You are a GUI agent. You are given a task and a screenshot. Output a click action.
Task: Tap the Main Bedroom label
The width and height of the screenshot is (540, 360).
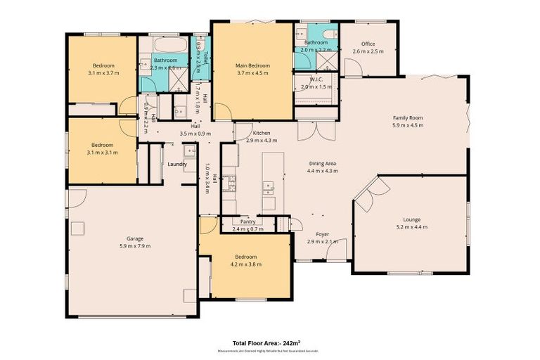click(252, 65)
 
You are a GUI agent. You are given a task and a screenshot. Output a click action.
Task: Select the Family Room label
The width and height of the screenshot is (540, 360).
click(407, 117)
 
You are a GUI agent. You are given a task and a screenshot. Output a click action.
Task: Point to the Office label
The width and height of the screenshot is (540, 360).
click(368, 44)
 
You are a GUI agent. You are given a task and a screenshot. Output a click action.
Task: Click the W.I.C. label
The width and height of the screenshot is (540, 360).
click(316, 79)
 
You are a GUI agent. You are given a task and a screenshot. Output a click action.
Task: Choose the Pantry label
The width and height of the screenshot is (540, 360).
click(247, 221)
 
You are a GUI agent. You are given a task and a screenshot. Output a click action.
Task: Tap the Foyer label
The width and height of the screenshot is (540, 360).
click(322, 234)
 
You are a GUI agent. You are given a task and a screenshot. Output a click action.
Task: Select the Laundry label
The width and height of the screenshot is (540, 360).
click(176, 164)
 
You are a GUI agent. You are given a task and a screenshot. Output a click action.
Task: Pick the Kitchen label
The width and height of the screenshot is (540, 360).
click(252, 133)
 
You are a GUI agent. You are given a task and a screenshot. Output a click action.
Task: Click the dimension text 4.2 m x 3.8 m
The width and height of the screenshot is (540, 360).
click(246, 265)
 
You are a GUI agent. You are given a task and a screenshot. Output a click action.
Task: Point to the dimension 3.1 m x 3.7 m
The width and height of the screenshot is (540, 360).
click(101, 73)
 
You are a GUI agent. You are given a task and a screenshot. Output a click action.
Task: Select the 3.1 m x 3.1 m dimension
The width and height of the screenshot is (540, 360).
click(101, 152)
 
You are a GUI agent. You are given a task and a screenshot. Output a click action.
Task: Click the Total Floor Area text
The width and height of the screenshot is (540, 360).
click(269, 342)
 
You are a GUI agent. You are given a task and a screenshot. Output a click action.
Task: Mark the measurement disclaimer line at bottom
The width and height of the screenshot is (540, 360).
click(269, 350)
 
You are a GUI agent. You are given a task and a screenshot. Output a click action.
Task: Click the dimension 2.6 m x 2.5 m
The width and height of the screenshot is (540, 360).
click(368, 51)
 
